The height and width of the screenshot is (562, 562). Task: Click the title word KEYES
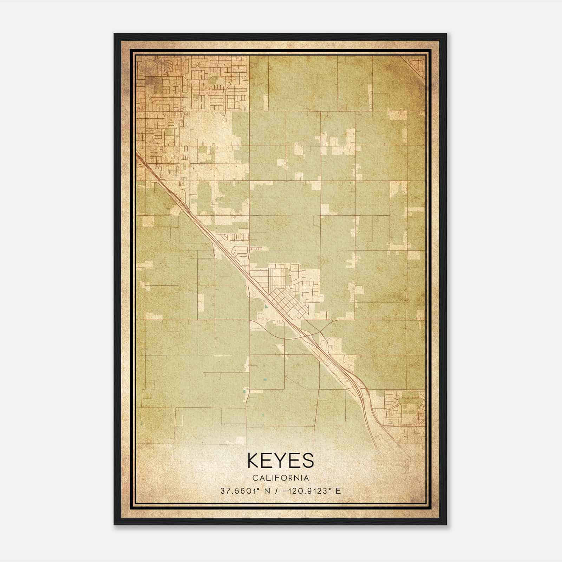[x=280, y=460]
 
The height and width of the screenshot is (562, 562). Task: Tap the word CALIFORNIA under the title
[x=280, y=478]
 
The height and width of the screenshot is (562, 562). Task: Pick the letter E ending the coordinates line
[x=338, y=491]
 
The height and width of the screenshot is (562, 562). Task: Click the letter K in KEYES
[x=254, y=460]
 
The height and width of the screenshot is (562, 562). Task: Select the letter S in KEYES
[x=307, y=460]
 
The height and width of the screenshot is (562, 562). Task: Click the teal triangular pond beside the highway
[x=266, y=306]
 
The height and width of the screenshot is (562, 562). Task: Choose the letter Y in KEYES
[x=281, y=460]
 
